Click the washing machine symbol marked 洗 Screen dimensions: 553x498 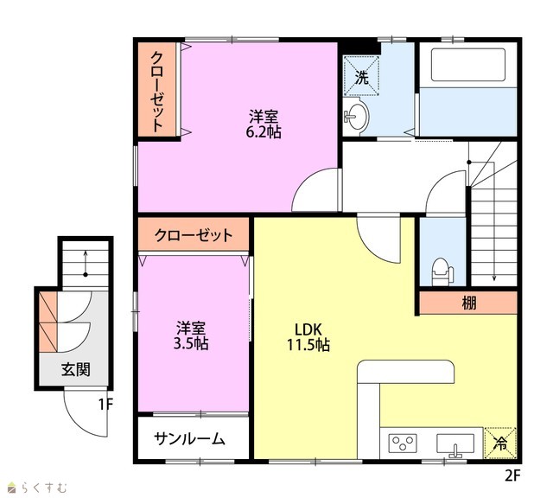361,76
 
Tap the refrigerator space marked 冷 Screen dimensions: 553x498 500,443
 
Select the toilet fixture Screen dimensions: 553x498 442,271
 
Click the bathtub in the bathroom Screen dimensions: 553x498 467,65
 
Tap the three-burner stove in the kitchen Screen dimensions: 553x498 403,443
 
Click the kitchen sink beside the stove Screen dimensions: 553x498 455,444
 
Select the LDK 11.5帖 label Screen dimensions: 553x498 308,337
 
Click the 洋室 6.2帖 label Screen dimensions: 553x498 264,124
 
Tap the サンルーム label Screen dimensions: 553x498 189,438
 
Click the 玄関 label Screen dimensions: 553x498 76,369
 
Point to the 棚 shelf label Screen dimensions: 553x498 469,303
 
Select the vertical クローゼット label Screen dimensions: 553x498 157,92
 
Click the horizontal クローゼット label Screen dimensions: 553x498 194,235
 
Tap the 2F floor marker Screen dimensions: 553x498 512,476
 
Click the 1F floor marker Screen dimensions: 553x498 105,405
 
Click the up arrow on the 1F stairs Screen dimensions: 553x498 86,264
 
